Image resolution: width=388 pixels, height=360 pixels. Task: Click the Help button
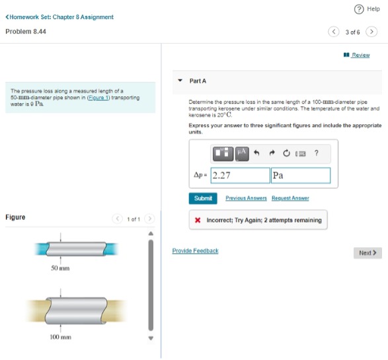click(x=366, y=9)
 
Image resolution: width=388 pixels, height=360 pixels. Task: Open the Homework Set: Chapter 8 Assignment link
click(x=60, y=17)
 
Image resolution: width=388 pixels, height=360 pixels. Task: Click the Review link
click(x=360, y=55)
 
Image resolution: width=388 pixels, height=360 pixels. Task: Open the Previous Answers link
click(x=246, y=198)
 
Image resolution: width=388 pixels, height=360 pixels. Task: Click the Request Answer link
click(x=290, y=198)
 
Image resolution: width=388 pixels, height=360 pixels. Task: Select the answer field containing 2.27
click(x=239, y=176)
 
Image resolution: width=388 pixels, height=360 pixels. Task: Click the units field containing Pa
click(x=301, y=176)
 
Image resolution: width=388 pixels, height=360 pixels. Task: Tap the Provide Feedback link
click(x=195, y=251)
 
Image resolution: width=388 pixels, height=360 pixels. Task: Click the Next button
click(x=368, y=253)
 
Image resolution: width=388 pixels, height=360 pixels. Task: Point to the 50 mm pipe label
click(x=60, y=268)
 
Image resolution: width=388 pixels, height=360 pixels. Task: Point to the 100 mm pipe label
click(x=61, y=338)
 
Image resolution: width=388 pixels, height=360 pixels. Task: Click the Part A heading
click(x=198, y=81)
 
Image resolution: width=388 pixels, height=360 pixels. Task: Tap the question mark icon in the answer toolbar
click(x=317, y=153)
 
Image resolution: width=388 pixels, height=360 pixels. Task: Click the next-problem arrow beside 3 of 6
click(x=372, y=32)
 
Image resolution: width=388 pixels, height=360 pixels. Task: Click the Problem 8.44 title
click(x=26, y=32)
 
